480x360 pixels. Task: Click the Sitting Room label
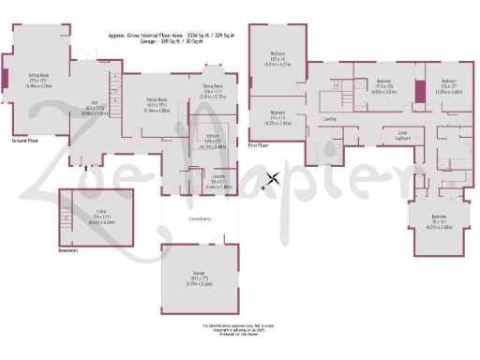click(38, 76)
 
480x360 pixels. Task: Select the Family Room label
click(157, 98)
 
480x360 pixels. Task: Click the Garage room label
click(199, 274)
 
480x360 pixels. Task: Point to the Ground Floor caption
click(23, 140)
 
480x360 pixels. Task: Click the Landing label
click(330, 120)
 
